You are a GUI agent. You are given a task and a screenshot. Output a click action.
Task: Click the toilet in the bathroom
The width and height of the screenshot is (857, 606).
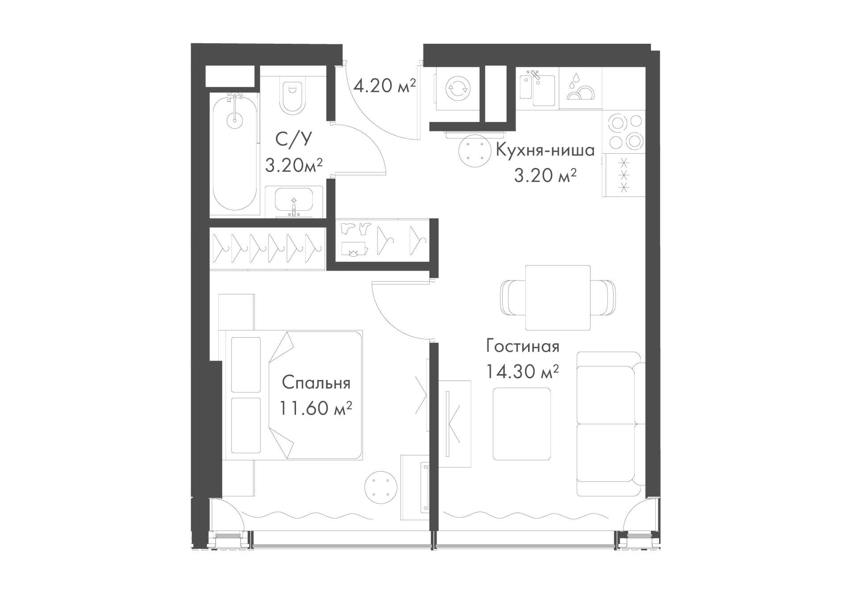293,96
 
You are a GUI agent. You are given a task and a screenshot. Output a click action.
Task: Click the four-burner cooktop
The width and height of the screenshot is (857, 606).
624,132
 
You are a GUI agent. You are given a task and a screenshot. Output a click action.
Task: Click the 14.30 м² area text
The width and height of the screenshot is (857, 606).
522,372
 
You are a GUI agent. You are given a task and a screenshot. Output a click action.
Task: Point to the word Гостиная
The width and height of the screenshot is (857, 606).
523,347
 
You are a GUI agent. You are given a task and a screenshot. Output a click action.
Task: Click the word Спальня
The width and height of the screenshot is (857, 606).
316,383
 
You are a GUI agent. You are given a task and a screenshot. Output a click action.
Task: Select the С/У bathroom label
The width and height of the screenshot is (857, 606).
293,140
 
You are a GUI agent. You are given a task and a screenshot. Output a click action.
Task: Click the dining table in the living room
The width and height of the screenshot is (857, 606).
557,297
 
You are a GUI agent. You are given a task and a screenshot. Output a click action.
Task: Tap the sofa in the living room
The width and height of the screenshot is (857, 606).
611,424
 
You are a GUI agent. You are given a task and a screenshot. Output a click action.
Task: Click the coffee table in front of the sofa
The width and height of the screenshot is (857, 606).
521,424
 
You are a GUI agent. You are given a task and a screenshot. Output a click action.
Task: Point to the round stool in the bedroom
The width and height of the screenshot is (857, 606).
381,488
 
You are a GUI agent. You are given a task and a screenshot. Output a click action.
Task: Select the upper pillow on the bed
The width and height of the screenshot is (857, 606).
246,364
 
